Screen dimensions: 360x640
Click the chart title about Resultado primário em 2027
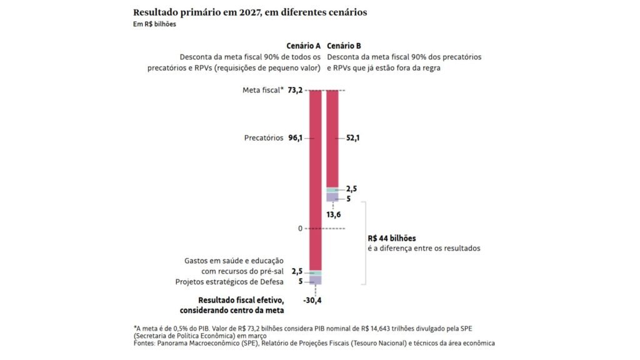point(250,12)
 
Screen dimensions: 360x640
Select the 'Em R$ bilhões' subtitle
point(154,24)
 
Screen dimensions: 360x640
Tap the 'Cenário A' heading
point(303,46)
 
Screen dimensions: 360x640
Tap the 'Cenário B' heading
point(344,46)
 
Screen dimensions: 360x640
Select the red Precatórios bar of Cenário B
point(332,138)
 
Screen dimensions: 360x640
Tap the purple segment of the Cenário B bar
point(332,197)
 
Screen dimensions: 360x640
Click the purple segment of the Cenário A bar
point(315,280)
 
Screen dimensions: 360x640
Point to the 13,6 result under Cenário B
point(334,214)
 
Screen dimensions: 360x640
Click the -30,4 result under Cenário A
point(312,300)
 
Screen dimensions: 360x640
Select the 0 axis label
point(299,228)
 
